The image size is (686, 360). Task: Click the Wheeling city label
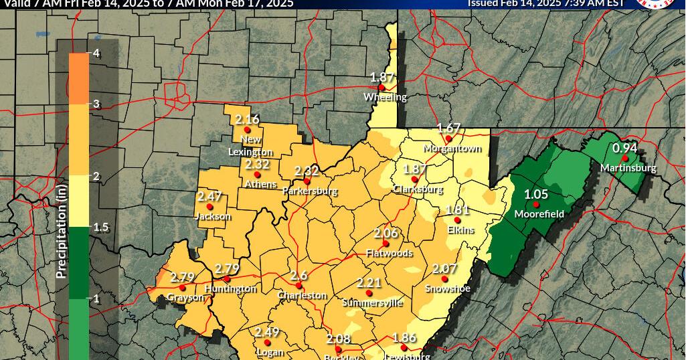point(385,97)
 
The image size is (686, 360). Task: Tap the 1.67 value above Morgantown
point(448,128)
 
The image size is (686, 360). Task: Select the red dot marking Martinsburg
point(625,158)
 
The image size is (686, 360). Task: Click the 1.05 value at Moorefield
point(536,194)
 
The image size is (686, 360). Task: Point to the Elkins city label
point(460,230)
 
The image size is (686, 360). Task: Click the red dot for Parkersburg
point(307,181)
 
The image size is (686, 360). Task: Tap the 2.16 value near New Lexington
point(247,119)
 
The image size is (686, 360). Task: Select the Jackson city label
point(212,216)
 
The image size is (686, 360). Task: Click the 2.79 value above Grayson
point(183,277)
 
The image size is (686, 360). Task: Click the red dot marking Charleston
point(299,286)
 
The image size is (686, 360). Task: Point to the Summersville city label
point(372,302)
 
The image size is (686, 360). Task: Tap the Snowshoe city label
point(448,288)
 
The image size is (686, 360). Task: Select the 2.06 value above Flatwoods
point(385,233)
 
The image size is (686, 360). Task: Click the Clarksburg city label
point(418,189)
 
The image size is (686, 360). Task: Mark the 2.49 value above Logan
point(266,332)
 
